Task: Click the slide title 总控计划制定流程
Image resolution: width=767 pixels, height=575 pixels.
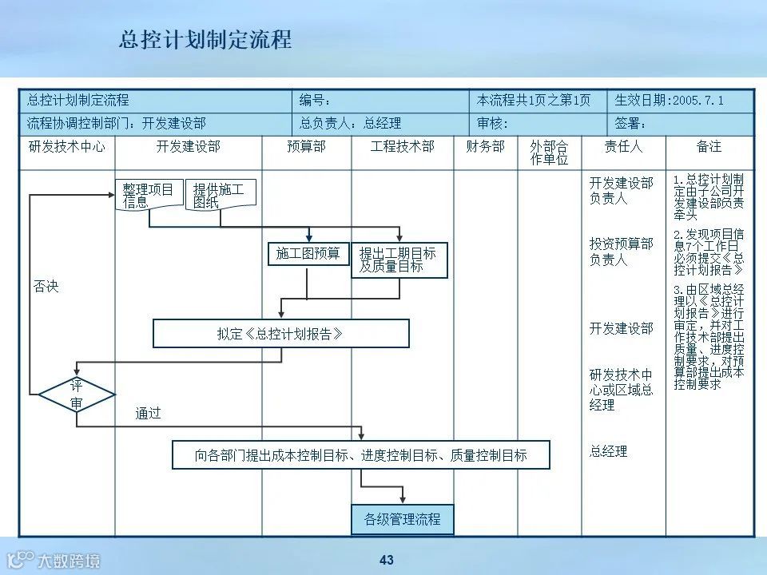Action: click(205, 39)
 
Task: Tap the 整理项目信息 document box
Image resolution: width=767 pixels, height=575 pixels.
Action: click(149, 196)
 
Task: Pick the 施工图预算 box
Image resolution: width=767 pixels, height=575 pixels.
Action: click(308, 254)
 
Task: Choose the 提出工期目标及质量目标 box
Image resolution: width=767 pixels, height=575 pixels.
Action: click(399, 260)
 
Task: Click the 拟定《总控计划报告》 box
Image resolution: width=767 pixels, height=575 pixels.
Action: click(280, 334)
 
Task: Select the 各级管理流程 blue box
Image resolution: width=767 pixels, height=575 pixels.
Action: click(403, 519)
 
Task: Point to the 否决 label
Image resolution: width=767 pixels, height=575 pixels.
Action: click(46, 286)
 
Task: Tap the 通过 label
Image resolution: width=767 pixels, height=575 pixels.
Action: click(148, 413)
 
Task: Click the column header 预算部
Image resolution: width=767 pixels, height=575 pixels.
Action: click(307, 147)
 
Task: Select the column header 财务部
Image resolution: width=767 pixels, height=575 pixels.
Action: click(486, 147)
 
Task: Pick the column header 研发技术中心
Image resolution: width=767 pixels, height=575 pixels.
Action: click(67, 147)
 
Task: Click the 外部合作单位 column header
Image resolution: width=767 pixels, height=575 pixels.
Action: click(549, 153)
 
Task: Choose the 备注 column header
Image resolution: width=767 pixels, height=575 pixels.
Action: click(709, 147)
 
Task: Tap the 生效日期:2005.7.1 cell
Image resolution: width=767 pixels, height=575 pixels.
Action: click(680, 101)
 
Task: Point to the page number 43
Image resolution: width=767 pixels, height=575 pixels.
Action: click(387, 560)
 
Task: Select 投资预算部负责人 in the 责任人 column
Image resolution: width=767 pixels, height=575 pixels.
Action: click(621, 252)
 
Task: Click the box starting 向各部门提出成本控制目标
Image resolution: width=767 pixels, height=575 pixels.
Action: click(361, 455)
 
